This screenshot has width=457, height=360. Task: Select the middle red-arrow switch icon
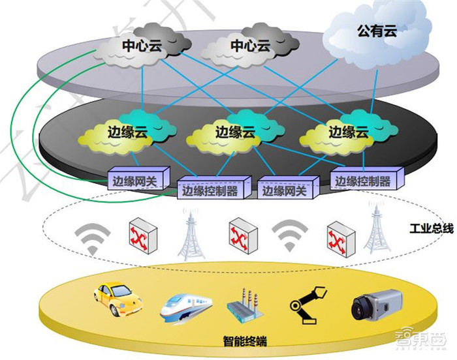click(x=242, y=235)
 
